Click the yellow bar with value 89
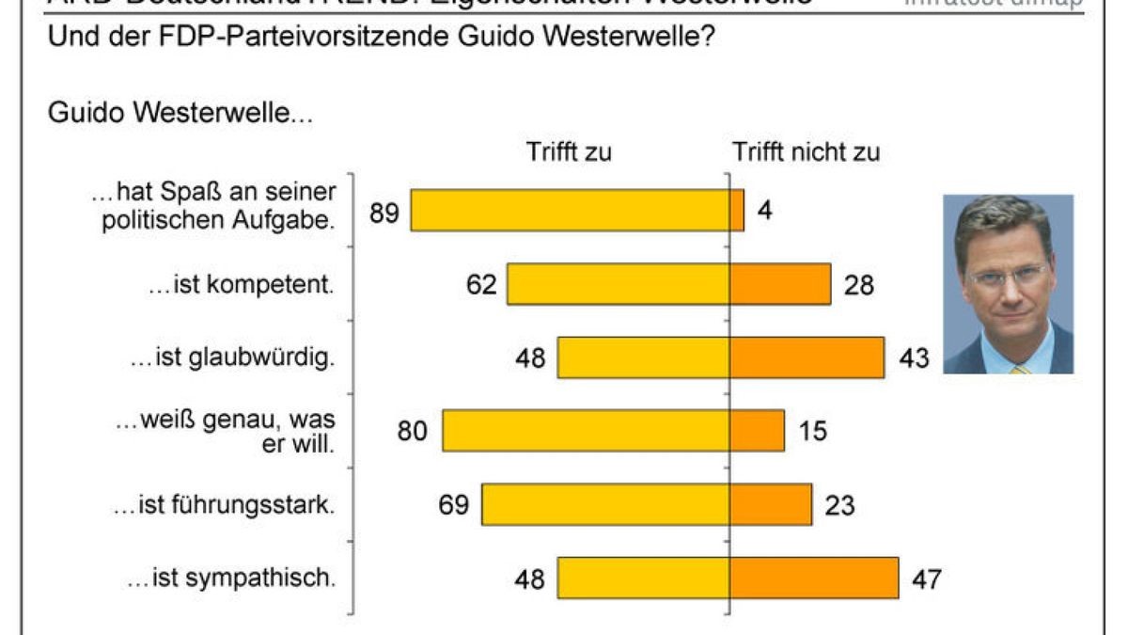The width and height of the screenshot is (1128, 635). click(570, 211)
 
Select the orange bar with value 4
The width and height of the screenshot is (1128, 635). click(736, 211)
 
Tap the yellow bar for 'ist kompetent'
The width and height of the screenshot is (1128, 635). click(618, 284)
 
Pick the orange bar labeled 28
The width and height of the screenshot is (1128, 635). click(779, 284)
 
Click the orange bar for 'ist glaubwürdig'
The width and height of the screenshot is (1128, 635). click(807, 357)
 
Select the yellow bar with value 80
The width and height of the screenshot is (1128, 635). click(586, 431)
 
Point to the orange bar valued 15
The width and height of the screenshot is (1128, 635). click(757, 431)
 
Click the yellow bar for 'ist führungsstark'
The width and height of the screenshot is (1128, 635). click(605, 504)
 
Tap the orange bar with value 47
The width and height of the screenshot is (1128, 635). click(813, 578)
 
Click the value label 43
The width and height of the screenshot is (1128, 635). click(913, 358)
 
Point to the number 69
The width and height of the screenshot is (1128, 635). click(453, 505)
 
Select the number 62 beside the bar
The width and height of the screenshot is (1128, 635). click(481, 285)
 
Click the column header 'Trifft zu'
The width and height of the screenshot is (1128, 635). click(569, 152)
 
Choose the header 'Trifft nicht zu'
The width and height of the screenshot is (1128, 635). click(807, 152)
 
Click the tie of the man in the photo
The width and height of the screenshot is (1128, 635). click(1020, 369)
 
